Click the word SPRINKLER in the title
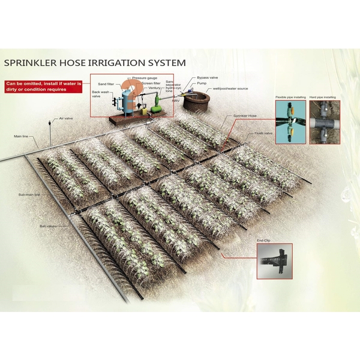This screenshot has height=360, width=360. pyautogui.click(x=31, y=62)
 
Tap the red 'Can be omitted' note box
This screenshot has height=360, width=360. pyautogui.click(x=43, y=86)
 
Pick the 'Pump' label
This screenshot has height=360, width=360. pyautogui.click(x=202, y=83)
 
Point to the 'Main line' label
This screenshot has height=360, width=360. pyautogui.click(x=22, y=136)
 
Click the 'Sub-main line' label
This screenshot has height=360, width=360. pyautogui.click(x=29, y=194)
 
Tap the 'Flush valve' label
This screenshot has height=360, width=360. pyautogui.click(x=263, y=133)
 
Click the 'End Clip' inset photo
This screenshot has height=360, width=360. pyautogui.click(x=274, y=261)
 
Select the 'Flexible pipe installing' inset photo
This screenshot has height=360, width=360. pyautogui.click(x=290, y=122)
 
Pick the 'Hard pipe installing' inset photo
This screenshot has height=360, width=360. pyautogui.click(x=325, y=122)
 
